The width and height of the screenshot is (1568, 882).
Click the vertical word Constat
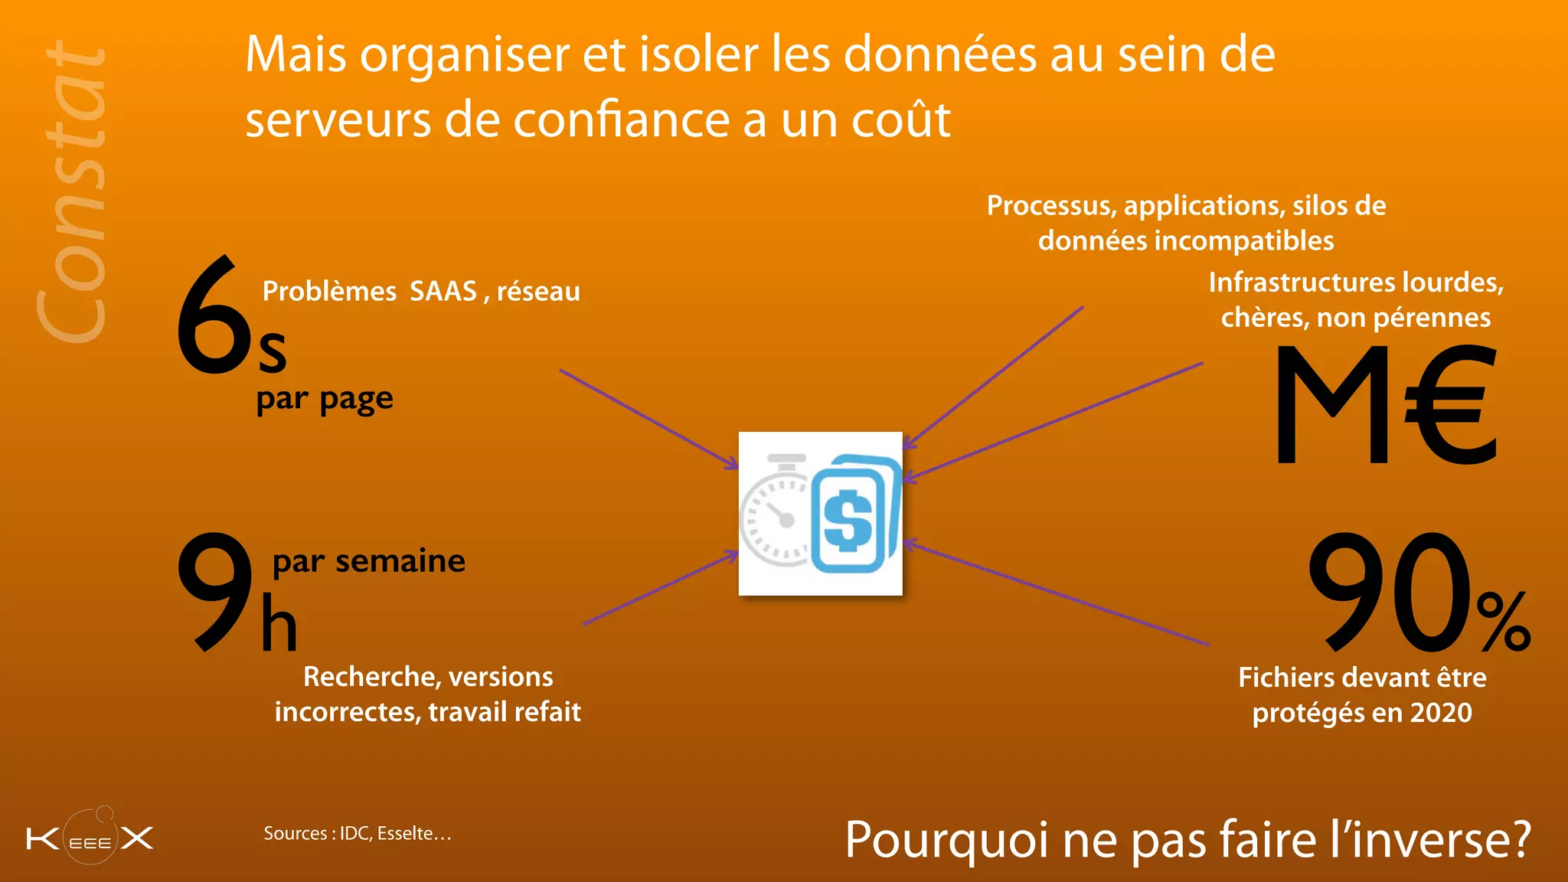point(73,191)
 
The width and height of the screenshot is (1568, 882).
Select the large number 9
point(214,591)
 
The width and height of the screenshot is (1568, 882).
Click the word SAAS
point(443,292)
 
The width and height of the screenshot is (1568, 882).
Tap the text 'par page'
point(325,399)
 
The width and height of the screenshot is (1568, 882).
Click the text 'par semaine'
point(368,561)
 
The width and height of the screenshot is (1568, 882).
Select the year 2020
point(1441,713)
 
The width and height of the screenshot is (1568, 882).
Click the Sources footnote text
point(358,833)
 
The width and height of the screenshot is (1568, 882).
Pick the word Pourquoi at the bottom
point(946,840)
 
